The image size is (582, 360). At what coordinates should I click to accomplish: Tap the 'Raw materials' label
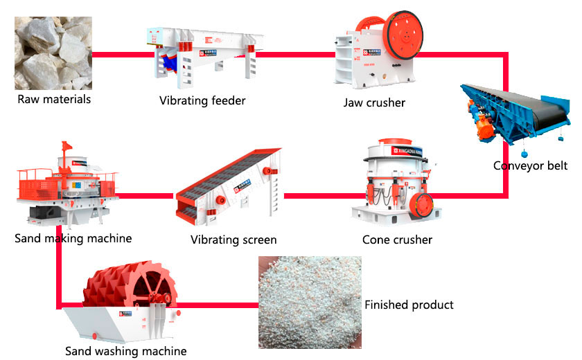pyautogui.click(x=54, y=99)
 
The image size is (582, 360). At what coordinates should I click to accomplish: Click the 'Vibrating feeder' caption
pyautogui.click(x=202, y=101)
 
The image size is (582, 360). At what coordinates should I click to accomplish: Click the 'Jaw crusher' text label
pyautogui.click(x=374, y=103)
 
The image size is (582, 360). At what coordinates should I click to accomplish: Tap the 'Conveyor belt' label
pyautogui.click(x=530, y=165)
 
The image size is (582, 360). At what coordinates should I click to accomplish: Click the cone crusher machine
pyautogui.click(x=395, y=183)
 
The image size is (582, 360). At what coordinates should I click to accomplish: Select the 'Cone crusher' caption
pyautogui.click(x=397, y=240)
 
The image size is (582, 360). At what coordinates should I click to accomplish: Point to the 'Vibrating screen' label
pyautogui.click(x=233, y=240)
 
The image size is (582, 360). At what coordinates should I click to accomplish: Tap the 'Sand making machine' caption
pyautogui.click(x=73, y=239)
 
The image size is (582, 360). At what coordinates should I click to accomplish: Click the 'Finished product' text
pyautogui.click(x=409, y=305)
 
